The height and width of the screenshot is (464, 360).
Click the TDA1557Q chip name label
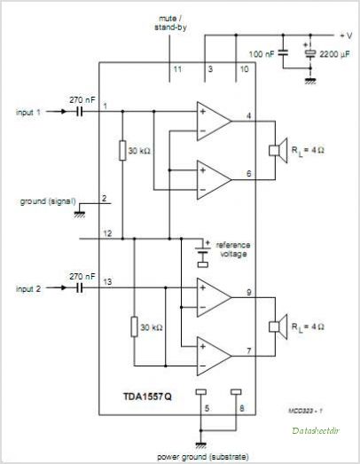click(147, 397)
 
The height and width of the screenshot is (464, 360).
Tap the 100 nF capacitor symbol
click(283, 53)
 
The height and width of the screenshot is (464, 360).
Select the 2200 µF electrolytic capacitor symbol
click(310, 53)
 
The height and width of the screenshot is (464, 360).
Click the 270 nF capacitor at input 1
click(79, 112)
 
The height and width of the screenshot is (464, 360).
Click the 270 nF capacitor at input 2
click(79, 287)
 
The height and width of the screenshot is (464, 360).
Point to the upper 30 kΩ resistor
click(122, 151)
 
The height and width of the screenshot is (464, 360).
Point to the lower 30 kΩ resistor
click(134, 326)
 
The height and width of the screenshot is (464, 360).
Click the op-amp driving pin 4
click(214, 121)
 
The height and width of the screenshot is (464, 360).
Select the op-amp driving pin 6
click(214, 179)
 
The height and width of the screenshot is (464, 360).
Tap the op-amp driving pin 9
click(214, 297)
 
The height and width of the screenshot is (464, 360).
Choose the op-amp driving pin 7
click(214, 356)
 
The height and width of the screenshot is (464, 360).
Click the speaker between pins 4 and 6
click(278, 150)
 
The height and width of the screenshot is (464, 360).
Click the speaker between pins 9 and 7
click(278, 326)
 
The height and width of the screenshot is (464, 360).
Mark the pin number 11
click(177, 69)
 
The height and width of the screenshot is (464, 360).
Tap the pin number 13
click(107, 282)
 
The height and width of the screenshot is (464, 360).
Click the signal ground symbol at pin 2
click(79, 215)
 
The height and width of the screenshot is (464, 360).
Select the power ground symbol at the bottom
click(200, 445)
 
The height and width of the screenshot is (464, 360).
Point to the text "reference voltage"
click(233, 249)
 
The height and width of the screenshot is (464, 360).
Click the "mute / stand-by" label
click(170, 23)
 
